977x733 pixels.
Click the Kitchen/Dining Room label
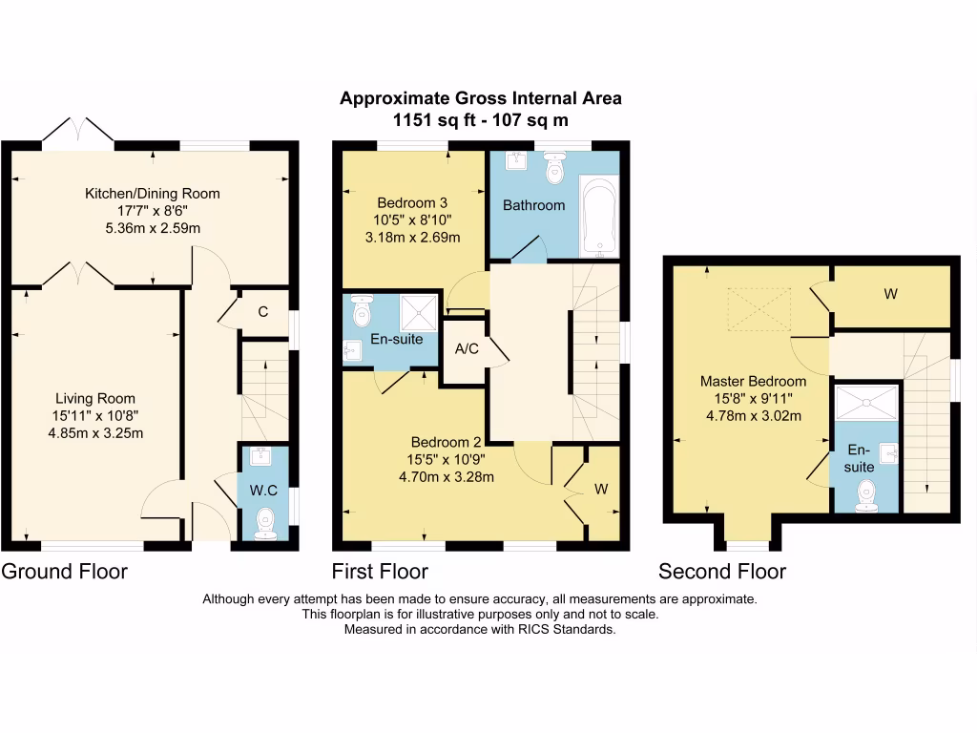point(153,194)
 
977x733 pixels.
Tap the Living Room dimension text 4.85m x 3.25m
point(95,433)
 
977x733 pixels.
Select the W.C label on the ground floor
point(263,491)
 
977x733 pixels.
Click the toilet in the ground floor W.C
point(264,521)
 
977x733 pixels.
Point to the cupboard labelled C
point(263,311)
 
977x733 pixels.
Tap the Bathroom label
point(534,205)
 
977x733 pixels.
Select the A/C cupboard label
point(467,349)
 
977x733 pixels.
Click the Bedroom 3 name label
point(412,203)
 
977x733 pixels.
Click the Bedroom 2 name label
point(447,442)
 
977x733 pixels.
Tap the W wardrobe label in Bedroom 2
point(601,490)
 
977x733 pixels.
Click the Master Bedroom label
point(753,382)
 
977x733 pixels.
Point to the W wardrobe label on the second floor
point(889,294)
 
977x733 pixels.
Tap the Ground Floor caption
point(65,572)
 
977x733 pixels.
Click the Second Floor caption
point(722,572)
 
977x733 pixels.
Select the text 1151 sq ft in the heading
point(427,120)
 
